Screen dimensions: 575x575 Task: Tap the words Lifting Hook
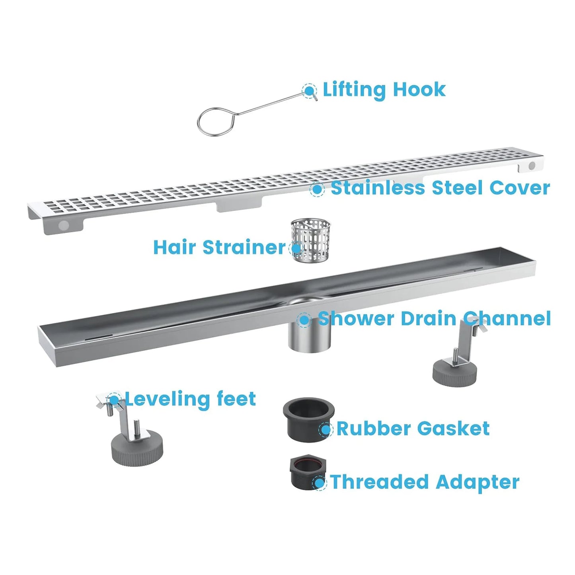pos(384,90)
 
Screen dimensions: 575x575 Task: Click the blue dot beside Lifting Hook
pos(309,91)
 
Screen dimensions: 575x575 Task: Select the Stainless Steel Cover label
pos(440,188)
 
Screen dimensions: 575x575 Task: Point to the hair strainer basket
pos(311,240)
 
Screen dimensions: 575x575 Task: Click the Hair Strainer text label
pos(219,247)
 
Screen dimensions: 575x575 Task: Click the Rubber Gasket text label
pos(413,429)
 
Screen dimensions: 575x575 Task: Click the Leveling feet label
pos(190,399)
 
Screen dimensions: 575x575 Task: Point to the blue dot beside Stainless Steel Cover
pos(317,189)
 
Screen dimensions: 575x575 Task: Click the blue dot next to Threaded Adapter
pos(319,483)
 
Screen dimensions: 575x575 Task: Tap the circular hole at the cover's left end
pos(64,225)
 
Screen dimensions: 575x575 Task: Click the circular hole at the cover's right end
pos(532,166)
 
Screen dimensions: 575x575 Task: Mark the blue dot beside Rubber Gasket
pos(326,429)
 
